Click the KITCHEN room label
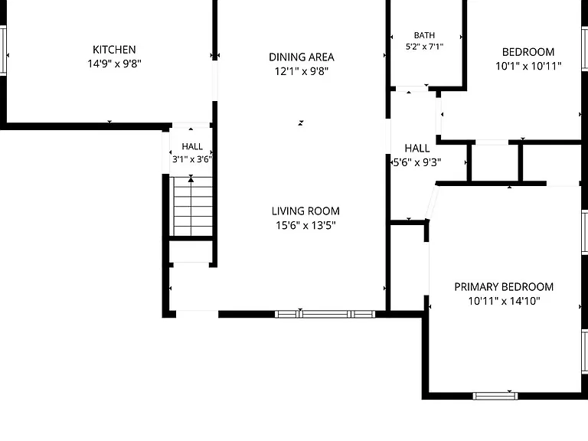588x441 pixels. pyautogui.click(x=114, y=50)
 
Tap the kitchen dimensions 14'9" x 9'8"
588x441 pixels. pyautogui.click(x=114, y=64)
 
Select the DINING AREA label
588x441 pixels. pyautogui.click(x=302, y=57)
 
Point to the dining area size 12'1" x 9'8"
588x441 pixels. pyautogui.click(x=302, y=71)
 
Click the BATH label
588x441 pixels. pyautogui.click(x=424, y=35)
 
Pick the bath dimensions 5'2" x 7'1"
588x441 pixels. pyautogui.click(x=424, y=47)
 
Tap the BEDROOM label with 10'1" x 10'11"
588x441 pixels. pyautogui.click(x=528, y=52)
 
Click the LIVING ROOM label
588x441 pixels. pyautogui.click(x=305, y=211)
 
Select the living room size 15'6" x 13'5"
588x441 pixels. pyautogui.click(x=305, y=225)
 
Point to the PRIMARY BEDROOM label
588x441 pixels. pyautogui.click(x=504, y=287)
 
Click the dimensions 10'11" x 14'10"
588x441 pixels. pyautogui.click(x=504, y=301)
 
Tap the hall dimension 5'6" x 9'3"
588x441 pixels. pyautogui.click(x=416, y=162)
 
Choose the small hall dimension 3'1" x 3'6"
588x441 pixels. pyautogui.click(x=192, y=159)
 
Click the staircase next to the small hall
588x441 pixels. pyautogui.click(x=192, y=206)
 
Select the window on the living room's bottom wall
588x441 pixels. pyautogui.click(x=325, y=314)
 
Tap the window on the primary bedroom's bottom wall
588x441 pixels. pyautogui.click(x=495, y=396)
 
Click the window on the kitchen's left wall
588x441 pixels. pyautogui.click(x=3, y=51)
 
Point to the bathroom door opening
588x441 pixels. pyautogui.click(x=412, y=89)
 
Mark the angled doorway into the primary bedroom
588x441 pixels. pyautogui.click(x=432, y=202)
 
